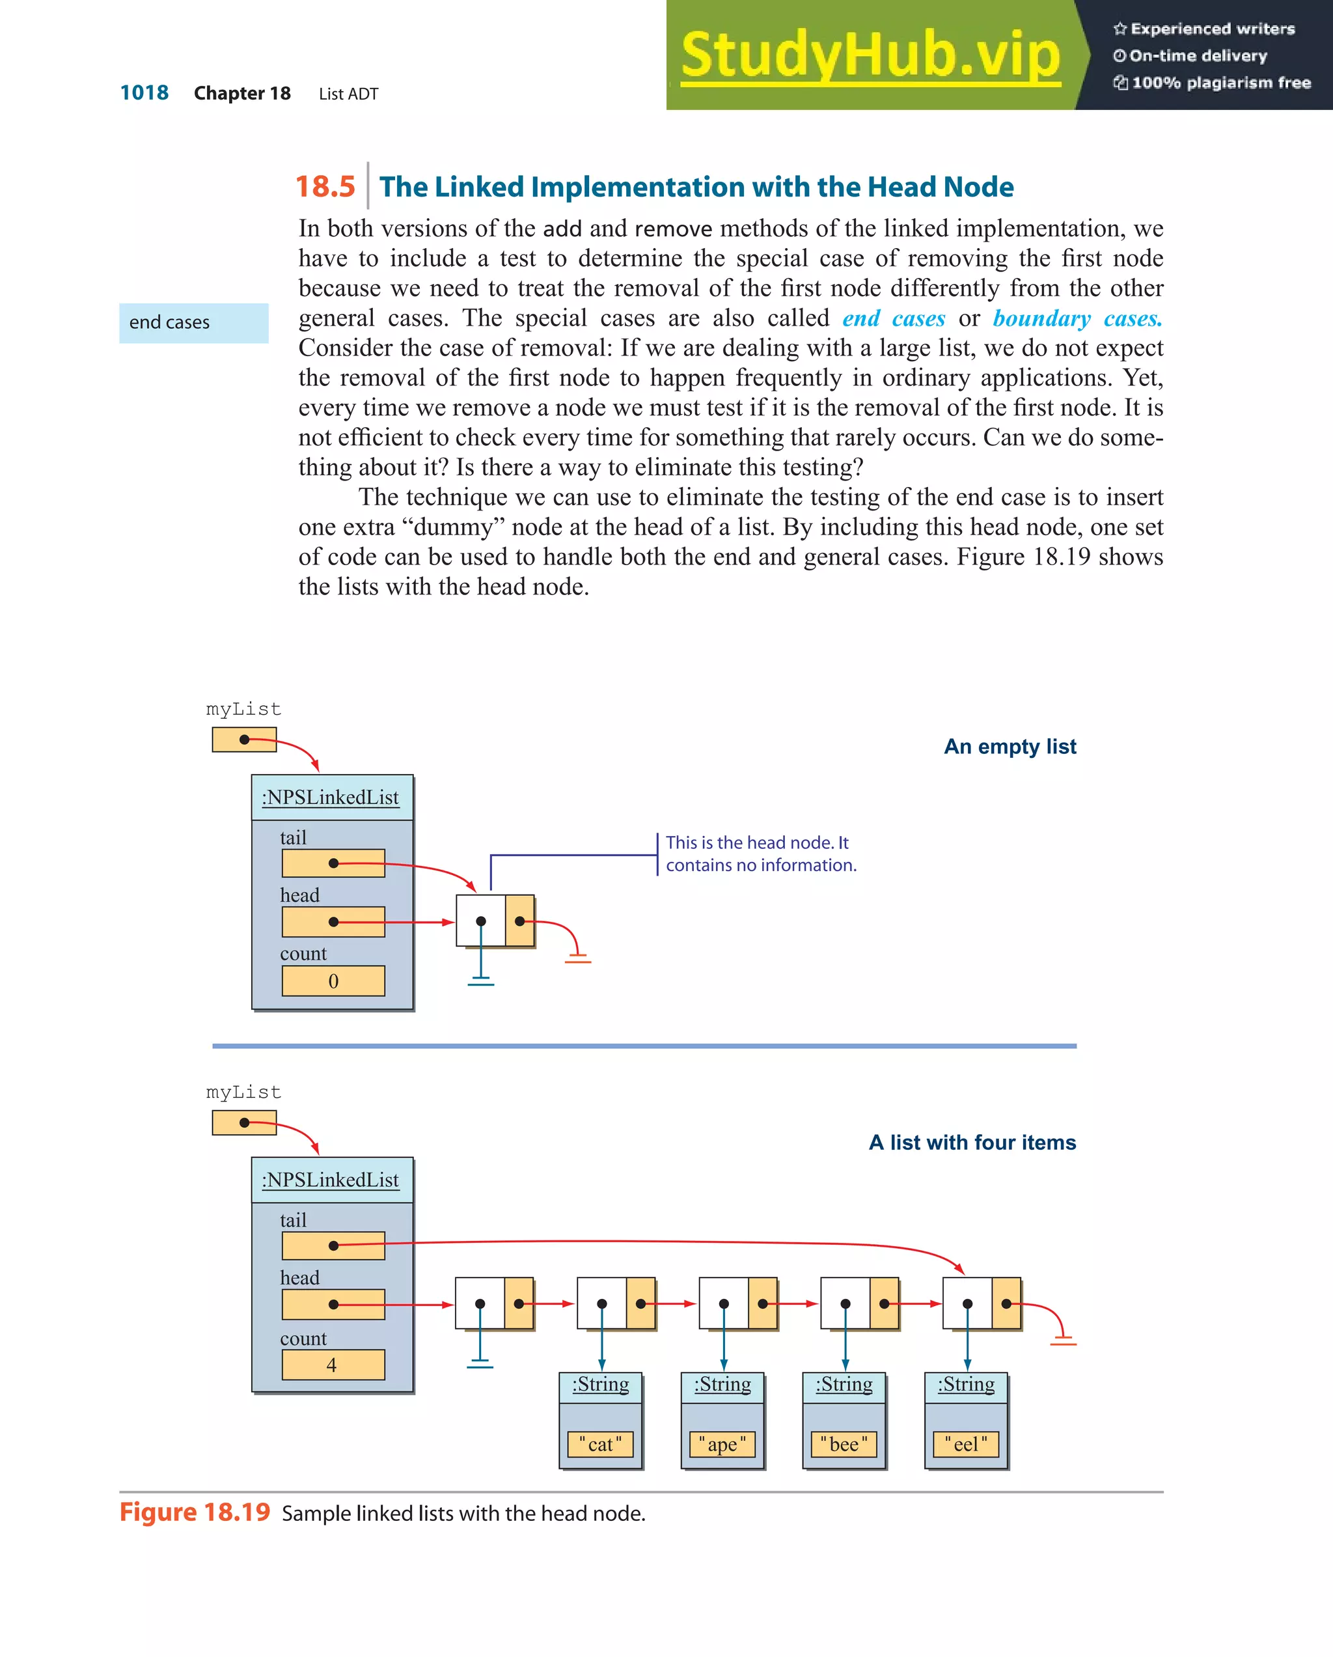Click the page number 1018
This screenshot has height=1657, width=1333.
pos(144,93)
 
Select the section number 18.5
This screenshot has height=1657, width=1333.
pos(325,187)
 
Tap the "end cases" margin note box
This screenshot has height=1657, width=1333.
pos(193,323)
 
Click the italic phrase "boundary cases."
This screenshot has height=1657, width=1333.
pos(1077,318)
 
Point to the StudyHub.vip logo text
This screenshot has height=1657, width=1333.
pos(870,55)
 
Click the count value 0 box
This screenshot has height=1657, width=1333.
pos(333,981)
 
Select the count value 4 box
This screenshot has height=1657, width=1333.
pos(333,1364)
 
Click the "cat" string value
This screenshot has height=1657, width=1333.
pos(600,1444)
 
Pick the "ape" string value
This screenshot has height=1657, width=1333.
pos(722,1444)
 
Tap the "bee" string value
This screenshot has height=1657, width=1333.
pos(844,1444)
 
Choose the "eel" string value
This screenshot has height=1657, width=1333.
pos(966,1444)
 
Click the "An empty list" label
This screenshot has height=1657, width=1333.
pos(1010,746)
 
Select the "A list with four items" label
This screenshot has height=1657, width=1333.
pos(972,1142)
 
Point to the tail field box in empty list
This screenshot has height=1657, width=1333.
pos(333,863)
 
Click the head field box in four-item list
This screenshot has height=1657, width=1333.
pos(333,1304)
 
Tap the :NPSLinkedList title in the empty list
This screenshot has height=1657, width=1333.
pos(331,798)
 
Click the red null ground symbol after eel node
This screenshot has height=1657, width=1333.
pos(1064,1341)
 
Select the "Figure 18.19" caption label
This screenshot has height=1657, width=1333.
pos(195,1512)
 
